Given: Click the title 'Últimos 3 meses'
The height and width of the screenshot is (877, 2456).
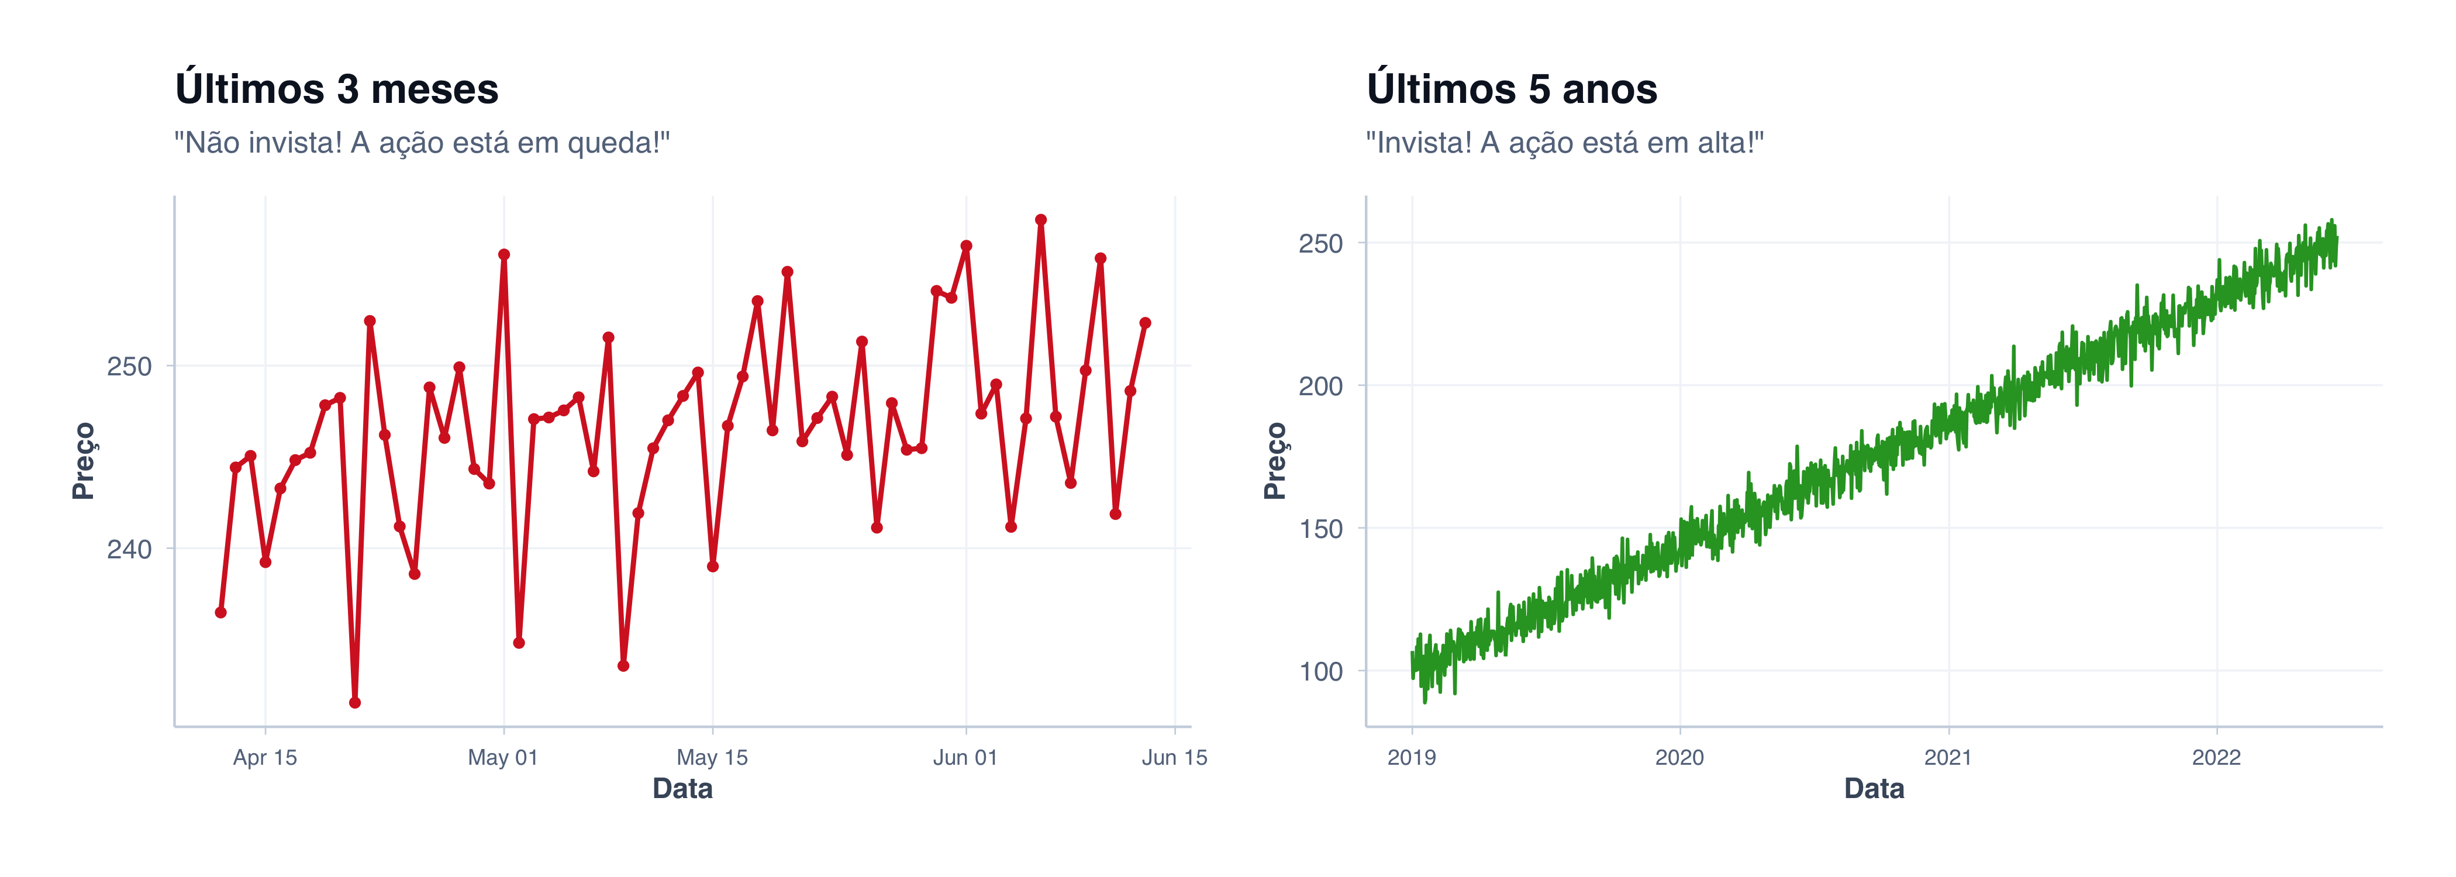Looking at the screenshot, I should click(337, 89).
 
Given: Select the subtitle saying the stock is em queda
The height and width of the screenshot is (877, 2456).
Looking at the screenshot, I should click(422, 143).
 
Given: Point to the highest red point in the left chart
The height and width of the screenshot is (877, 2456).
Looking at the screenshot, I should click(1040, 220).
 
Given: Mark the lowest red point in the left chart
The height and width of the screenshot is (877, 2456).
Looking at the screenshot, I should click(355, 703).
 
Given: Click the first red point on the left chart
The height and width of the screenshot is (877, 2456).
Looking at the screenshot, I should click(220, 612).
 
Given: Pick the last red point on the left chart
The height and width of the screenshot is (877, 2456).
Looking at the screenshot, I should click(1145, 323).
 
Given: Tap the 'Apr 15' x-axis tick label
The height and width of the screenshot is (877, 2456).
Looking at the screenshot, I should click(265, 758).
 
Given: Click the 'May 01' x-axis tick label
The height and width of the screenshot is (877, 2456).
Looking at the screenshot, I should click(502, 758).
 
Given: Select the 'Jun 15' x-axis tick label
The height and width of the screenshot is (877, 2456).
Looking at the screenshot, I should click(1174, 758).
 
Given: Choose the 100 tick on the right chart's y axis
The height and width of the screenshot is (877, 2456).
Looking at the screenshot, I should click(1320, 672).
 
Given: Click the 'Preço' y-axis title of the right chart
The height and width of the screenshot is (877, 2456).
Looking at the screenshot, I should click(1275, 461).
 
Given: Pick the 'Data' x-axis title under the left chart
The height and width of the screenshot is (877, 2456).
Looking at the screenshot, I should click(682, 789).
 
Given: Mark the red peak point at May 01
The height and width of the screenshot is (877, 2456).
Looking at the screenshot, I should click(503, 254).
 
